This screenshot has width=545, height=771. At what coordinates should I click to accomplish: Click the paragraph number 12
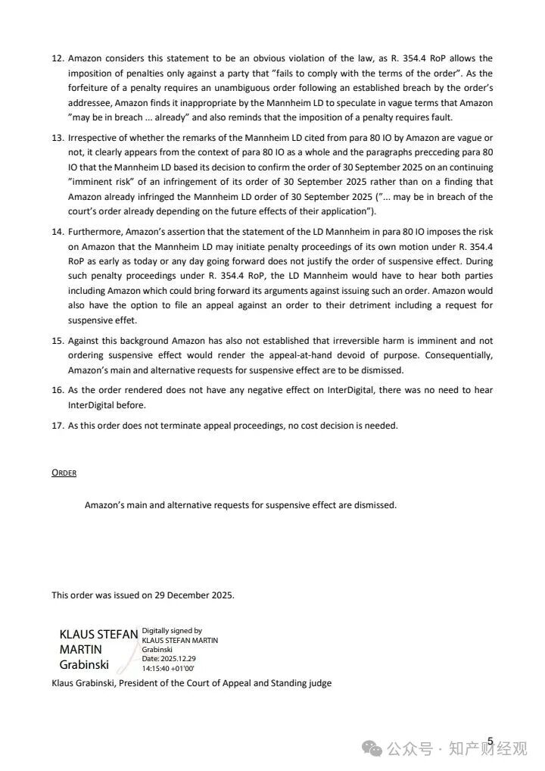(x=57, y=58)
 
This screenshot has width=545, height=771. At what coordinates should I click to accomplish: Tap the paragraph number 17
(x=57, y=426)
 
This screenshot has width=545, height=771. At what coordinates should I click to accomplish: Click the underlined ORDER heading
(x=64, y=473)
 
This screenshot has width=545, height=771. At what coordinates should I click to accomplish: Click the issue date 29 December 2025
(x=195, y=595)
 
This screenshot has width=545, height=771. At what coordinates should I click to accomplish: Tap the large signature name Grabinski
(x=84, y=665)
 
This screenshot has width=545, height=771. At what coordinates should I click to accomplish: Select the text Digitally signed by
(x=172, y=630)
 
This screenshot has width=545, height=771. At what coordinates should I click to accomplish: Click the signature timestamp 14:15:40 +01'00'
(x=168, y=669)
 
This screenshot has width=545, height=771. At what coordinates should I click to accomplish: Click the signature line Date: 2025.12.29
(x=168, y=659)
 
